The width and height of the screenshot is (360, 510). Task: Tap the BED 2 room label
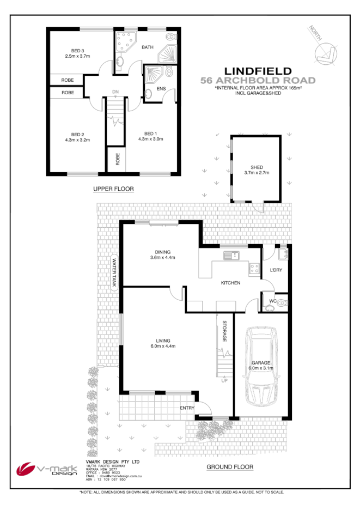[77, 135]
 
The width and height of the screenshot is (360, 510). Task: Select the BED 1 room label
[150, 133]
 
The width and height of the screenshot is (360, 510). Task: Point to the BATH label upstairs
[148, 47]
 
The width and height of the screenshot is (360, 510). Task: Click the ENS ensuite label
[161, 88]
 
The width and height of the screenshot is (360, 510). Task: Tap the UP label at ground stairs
[224, 381]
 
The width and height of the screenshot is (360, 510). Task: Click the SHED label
[257, 167]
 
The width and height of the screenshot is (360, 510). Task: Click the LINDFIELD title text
[258, 70]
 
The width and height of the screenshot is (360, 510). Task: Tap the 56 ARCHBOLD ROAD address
[258, 80]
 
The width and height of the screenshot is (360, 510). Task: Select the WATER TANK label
[114, 272]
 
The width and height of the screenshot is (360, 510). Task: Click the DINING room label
[163, 252]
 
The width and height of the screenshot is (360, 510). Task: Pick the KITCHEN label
[231, 283]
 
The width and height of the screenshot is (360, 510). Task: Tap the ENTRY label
[187, 408]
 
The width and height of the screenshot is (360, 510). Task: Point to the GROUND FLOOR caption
[230, 467]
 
